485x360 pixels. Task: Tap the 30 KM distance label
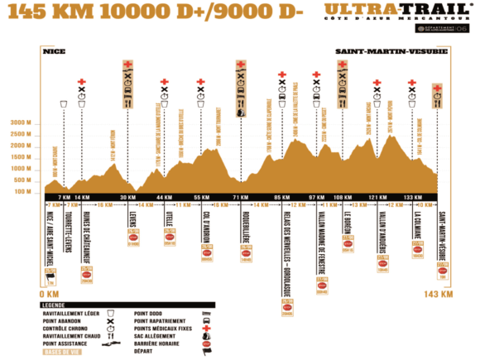[x=127, y=197]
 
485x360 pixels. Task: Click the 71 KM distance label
[x=240, y=197]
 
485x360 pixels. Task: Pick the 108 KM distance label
[x=342, y=197]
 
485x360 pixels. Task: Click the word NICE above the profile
[x=54, y=51]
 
